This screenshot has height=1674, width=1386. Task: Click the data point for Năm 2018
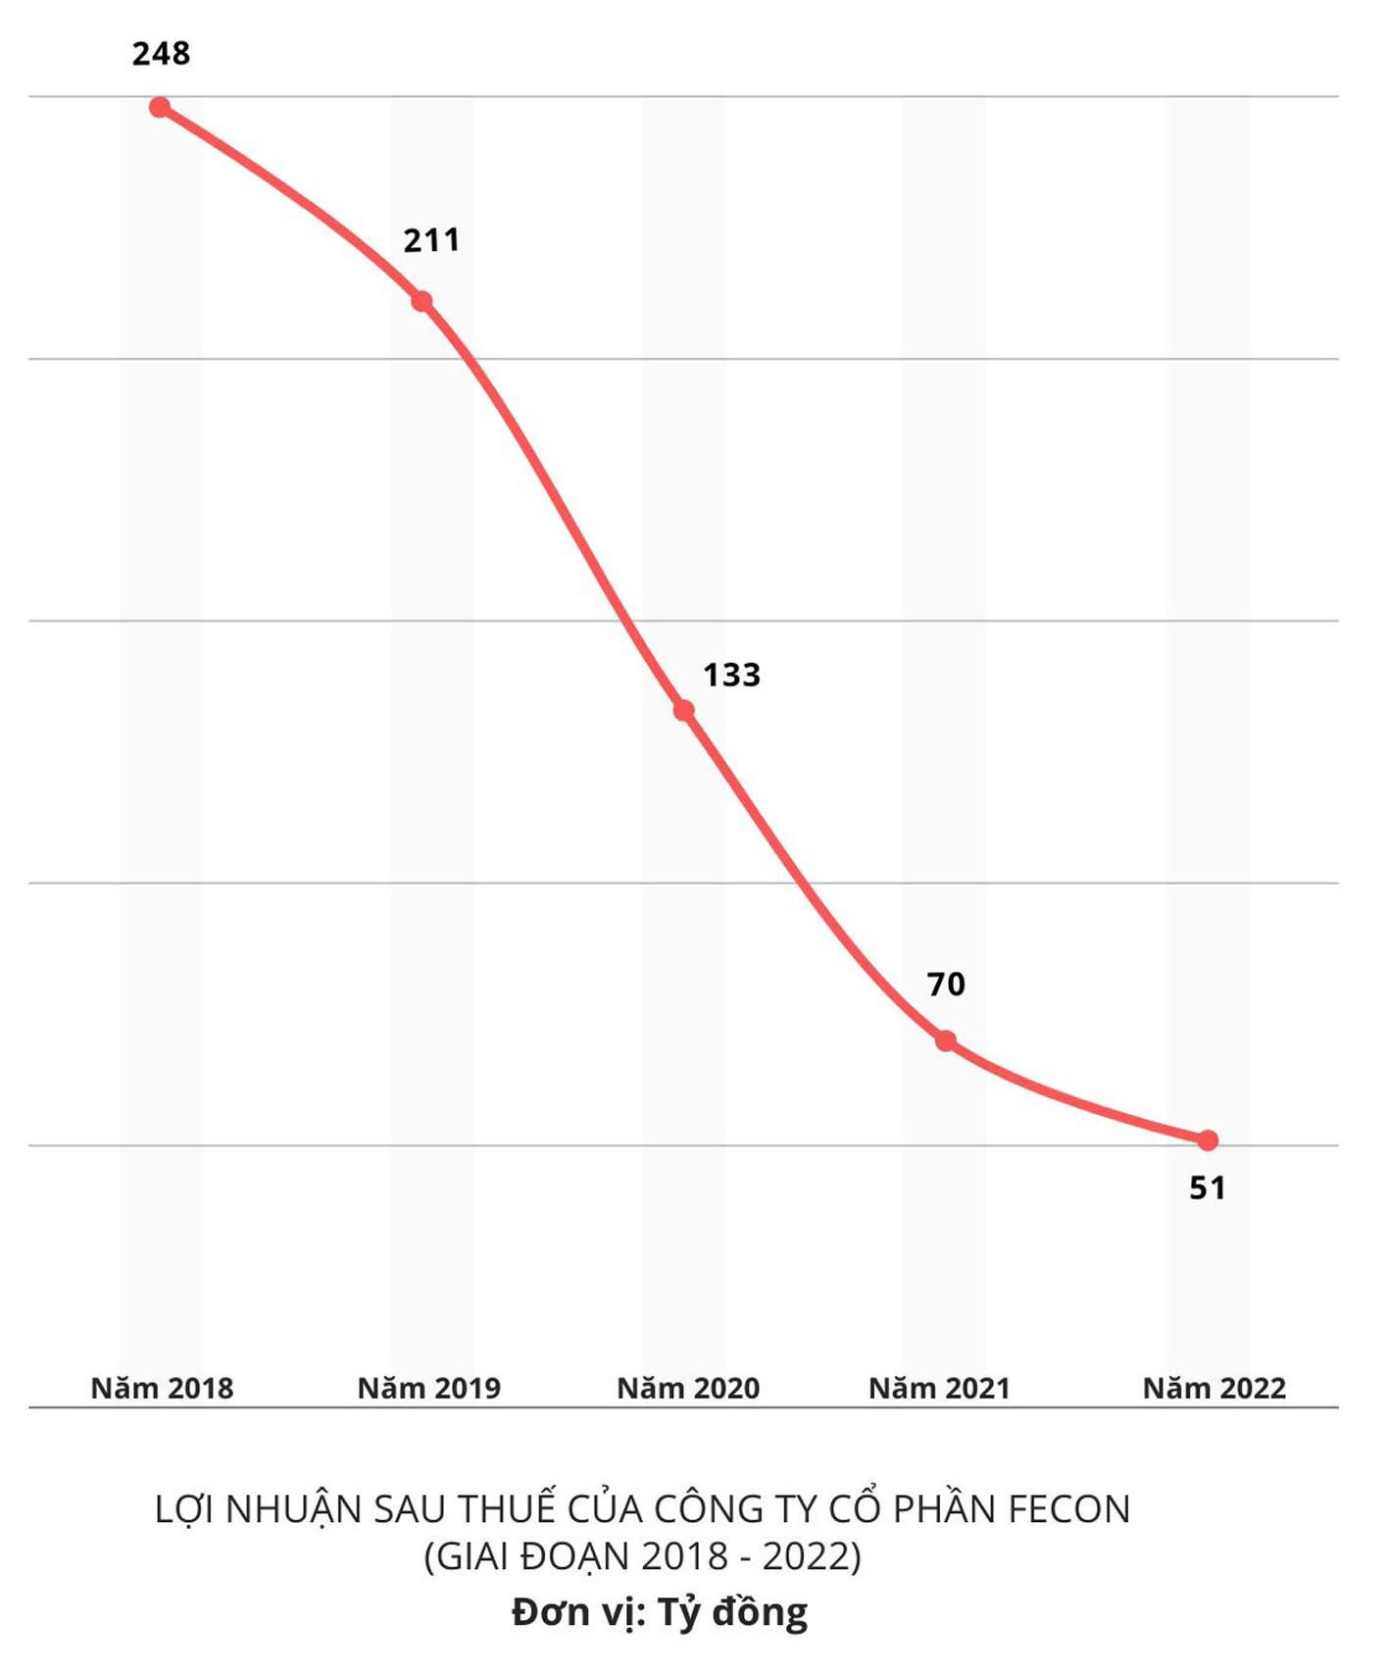(x=160, y=107)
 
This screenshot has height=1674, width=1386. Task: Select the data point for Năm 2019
(x=421, y=301)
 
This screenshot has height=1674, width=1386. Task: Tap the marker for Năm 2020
(x=684, y=710)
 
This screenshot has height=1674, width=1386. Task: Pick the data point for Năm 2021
(x=946, y=1040)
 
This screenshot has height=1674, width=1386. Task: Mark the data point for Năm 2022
(x=1208, y=1141)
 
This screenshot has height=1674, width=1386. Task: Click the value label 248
(x=161, y=53)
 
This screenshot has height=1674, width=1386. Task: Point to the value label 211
(x=431, y=240)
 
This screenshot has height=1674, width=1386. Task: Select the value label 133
(x=731, y=675)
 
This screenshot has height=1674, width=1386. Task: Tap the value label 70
(x=946, y=984)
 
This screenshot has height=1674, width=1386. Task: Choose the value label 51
(x=1208, y=1189)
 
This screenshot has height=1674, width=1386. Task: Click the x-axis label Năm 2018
(x=162, y=1388)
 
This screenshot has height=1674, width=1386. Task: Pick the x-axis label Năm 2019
(x=428, y=1388)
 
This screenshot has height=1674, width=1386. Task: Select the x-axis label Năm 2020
(x=688, y=1388)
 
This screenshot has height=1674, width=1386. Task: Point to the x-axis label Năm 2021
(x=939, y=1388)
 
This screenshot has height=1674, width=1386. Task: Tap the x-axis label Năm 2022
(x=1214, y=1388)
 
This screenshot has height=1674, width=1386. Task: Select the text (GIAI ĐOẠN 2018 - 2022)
(x=642, y=1556)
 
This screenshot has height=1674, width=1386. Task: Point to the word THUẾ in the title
(x=507, y=1507)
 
